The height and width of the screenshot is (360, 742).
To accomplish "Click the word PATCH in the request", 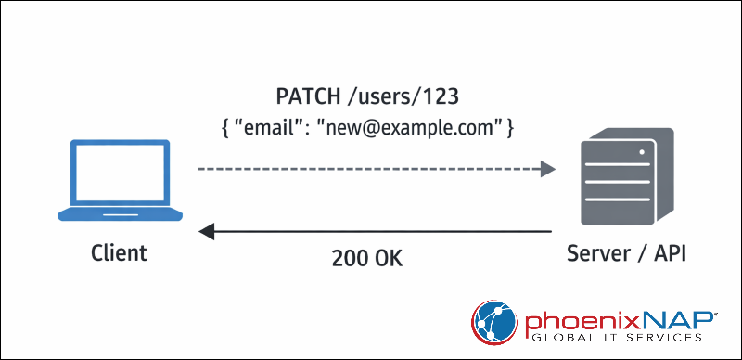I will (x=309, y=96).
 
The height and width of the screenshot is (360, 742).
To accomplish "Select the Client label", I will (x=119, y=253).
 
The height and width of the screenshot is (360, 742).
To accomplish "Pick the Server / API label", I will (x=620, y=253).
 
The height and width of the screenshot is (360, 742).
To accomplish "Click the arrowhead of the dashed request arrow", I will (x=549, y=169).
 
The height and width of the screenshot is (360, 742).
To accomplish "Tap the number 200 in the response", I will (x=349, y=259).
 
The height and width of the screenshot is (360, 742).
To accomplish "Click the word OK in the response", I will (x=390, y=259).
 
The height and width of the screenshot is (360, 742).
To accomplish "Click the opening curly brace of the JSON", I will (x=225, y=125).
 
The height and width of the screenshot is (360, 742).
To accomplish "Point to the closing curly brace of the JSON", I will (x=512, y=125).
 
